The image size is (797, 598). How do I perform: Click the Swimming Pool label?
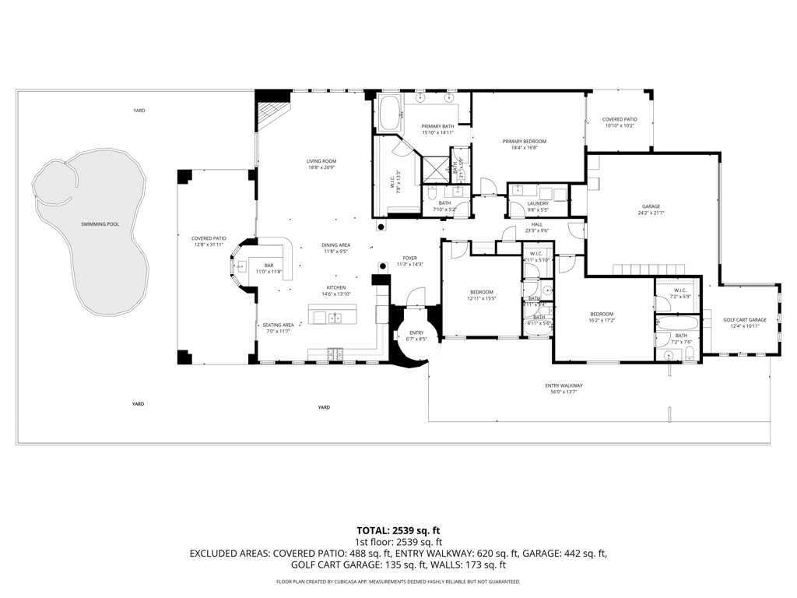pyautogui.click(x=100, y=224)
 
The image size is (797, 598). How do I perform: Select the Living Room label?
pyautogui.click(x=321, y=161)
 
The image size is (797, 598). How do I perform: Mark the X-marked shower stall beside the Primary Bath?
pyautogui.click(x=434, y=165)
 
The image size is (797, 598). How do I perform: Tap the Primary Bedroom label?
pyautogui.click(x=524, y=142)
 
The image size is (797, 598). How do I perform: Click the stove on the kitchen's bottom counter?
pyautogui.click(x=335, y=353)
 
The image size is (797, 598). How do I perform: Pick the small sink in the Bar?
pyautogui.click(x=242, y=266)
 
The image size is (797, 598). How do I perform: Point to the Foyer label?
pyautogui.click(x=409, y=259)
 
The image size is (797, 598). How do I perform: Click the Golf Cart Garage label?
pyautogui.click(x=745, y=320)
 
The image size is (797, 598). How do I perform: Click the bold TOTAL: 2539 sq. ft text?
pyautogui.click(x=398, y=530)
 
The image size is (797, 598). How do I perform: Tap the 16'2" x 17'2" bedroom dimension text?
pyautogui.click(x=601, y=320)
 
